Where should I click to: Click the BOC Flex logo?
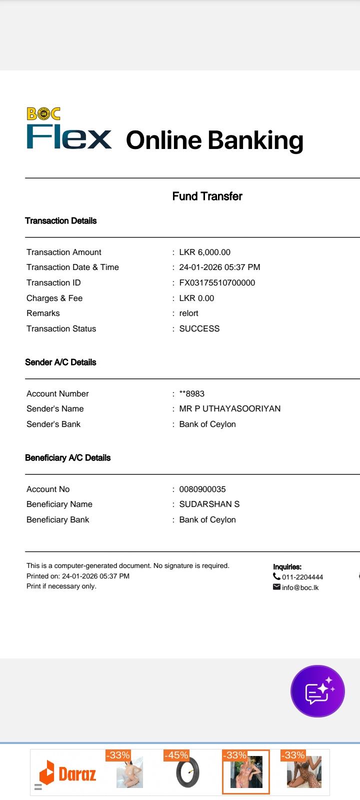(x=69, y=129)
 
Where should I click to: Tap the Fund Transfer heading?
(x=207, y=196)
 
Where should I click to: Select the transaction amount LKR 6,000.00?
(x=204, y=252)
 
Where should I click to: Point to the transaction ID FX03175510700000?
(x=217, y=283)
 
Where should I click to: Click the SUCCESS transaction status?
(x=199, y=329)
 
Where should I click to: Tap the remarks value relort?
(x=188, y=313)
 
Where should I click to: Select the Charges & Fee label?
(x=54, y=298)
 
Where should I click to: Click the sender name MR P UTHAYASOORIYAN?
(x=229, y=409)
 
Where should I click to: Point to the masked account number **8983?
(x=191, y=394)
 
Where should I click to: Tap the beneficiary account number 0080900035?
(x=202, y=489)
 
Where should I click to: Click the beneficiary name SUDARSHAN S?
(x=209, y=504)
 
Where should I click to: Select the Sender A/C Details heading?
(x=60, y=362)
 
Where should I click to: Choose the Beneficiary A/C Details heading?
(x=67, y=458)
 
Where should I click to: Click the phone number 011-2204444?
(x=302, y=577)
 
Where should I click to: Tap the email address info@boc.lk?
(x=300, y=587)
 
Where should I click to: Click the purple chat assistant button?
(x=317, y=691)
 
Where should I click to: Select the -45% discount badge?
(x=176, y=755)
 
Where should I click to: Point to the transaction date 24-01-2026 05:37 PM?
(x=219, y=267)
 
